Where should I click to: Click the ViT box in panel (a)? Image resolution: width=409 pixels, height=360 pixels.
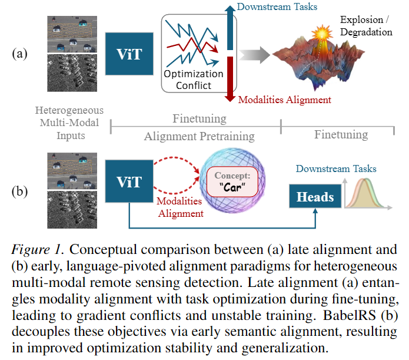[x=129, y=54]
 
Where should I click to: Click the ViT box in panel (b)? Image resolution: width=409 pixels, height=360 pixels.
[x=129, y=181]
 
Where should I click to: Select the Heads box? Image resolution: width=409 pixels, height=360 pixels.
[x=315, y=196]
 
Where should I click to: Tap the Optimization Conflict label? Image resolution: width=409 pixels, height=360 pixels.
[x=194, y=80]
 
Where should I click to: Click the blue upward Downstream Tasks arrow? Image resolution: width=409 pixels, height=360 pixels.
[x=230, y=28]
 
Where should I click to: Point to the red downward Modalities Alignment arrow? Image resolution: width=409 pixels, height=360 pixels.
[x=230, y=79]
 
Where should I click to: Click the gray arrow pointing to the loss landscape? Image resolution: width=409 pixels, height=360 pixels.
[x=254, y=55]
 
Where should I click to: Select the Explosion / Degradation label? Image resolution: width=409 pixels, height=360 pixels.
[x=366, y=25]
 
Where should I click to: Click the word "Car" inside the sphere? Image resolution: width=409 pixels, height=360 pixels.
[x=232, y=187]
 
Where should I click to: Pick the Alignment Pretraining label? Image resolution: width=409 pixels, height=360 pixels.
[x=199, y=136]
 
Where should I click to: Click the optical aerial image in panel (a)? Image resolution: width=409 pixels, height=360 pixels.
[x=72, y=34]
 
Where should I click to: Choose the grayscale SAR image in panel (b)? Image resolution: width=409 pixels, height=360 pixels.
[x=72, y=210]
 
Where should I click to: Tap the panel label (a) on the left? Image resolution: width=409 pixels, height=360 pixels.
[x=19, y=54]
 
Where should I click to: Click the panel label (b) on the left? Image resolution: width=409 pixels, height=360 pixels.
[x=19, y=191]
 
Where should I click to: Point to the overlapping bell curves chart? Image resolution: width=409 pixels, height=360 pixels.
[x=368, y=194]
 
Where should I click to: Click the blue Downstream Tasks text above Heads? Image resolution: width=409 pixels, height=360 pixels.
[x=336, y=169]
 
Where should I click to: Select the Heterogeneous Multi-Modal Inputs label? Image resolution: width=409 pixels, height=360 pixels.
[x=69, y=123]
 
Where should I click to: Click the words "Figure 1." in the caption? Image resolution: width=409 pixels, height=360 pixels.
[x=38, y=249]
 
